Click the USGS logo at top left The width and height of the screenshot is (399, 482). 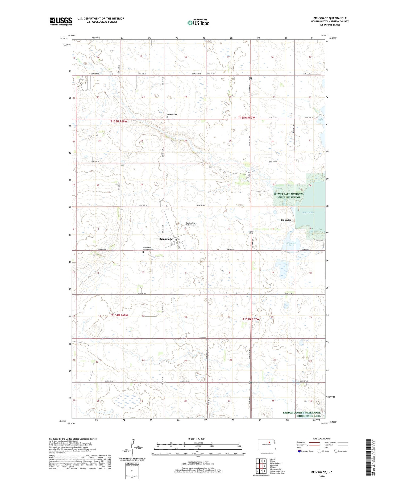[61, 21]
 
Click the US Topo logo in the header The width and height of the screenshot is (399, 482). [198, 23]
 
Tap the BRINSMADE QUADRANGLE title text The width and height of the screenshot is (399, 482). [330, 18]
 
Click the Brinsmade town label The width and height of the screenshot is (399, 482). [166, 239]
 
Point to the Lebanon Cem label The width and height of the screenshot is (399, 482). [172, 115]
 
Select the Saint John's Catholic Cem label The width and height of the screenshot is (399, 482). [191, 224]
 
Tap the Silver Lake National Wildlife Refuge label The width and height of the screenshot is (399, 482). [289, 196]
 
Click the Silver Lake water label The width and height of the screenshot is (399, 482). [308, 212]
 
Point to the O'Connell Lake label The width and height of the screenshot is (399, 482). [291, 244]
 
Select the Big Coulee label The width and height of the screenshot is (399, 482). [286, 220]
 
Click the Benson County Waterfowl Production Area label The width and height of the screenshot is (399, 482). [301, 414]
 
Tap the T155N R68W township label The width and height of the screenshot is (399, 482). [119, 121]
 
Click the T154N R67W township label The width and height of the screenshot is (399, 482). [251, 319]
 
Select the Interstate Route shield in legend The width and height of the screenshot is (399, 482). [299, 451]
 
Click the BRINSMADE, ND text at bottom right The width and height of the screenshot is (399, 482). [322, 472]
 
